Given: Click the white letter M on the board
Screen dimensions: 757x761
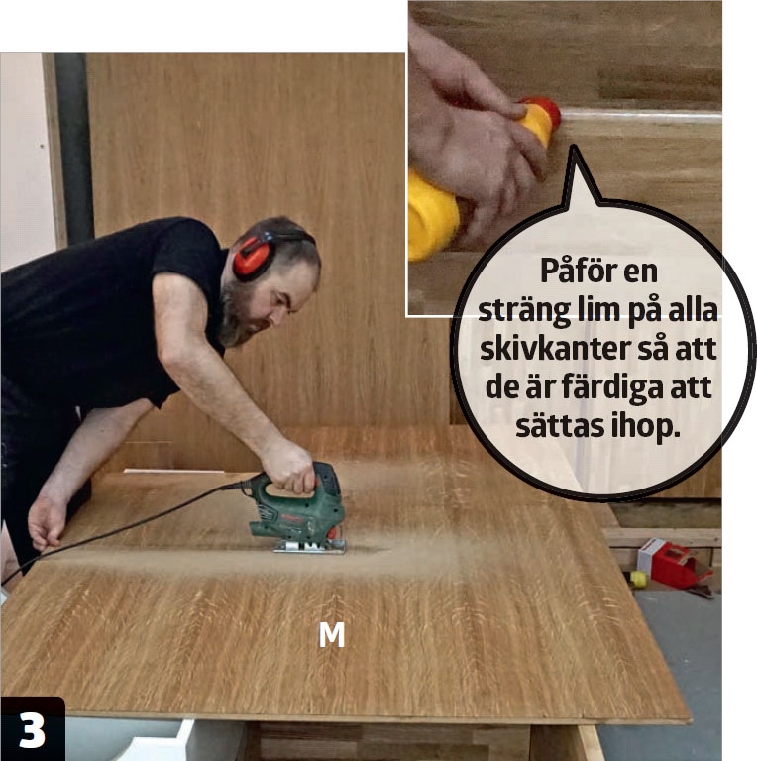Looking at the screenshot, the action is click(x=332, y=635).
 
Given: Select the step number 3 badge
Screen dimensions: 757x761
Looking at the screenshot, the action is click(x=32, y=729).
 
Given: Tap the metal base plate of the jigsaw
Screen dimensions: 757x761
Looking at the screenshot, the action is click(x=309, y=546).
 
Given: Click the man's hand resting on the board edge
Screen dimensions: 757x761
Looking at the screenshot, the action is click(x=48, y=522).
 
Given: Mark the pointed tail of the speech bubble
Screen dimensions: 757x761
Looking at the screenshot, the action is click(x=574, y=146).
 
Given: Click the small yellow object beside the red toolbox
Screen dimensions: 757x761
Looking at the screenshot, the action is click(x=639, y=579).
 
